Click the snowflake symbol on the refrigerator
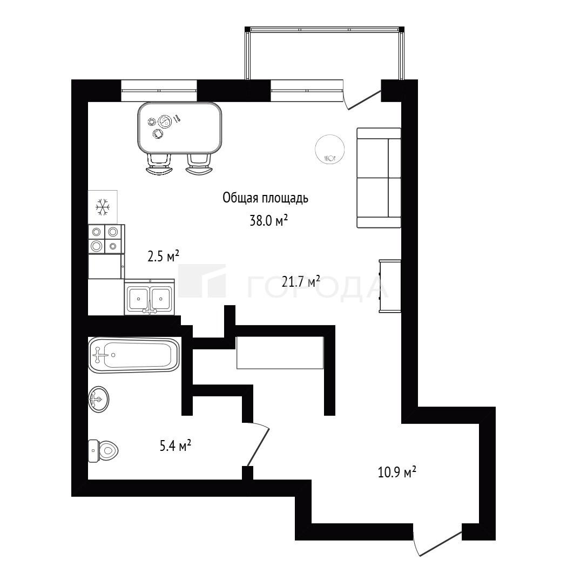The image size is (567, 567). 103,207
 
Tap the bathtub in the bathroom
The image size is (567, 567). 134,355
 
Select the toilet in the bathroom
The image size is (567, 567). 104,450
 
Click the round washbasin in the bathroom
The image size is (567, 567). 99,399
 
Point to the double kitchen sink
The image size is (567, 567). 150,297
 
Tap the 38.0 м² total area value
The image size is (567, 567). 269,220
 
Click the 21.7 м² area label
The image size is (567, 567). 301,281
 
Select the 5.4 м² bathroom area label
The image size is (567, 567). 175,446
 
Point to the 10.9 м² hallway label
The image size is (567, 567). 397,472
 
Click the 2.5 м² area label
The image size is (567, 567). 164,256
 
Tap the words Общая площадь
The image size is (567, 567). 266,198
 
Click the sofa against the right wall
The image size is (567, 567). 379,178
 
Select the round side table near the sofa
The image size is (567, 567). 329,149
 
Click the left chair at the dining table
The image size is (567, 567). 159,165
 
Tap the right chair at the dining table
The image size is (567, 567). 199,165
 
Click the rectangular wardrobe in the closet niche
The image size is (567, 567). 280,353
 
